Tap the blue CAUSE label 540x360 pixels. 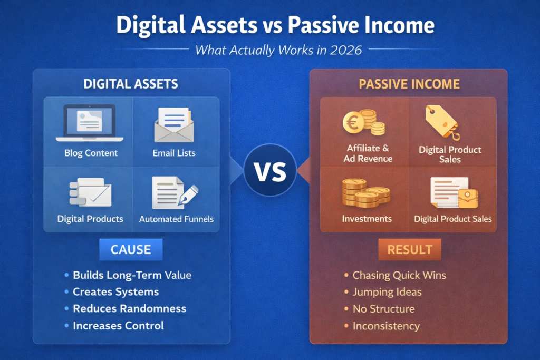[131, 249]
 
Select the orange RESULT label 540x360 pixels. [409, 249]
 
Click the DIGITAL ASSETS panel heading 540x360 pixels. [131, 84]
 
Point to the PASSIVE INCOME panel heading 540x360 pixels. [409, 84]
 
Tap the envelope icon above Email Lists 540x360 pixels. [175, 125]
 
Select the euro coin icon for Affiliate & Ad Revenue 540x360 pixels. [364, 122]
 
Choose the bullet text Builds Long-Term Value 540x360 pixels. [132, 275]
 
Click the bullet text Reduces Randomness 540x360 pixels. [129, 308]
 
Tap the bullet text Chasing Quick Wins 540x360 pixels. [399, 275]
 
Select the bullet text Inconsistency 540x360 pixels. [386, 326]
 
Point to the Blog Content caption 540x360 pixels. [91, 153]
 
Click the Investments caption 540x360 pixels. [367, 219]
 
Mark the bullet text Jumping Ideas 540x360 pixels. [387, 292]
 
